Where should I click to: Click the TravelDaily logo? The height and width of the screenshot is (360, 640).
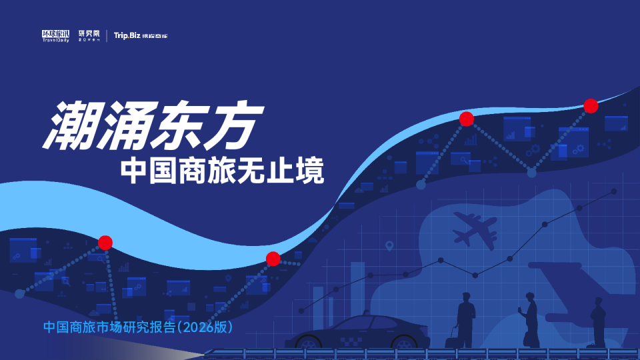tap(55, 35)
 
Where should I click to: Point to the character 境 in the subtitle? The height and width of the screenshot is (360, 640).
tap(310, 172)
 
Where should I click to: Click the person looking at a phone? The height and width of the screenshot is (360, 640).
tap(531, 319)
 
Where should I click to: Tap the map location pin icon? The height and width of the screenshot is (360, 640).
tap(389, 247)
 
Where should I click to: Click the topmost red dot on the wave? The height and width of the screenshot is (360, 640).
tap(591, 105)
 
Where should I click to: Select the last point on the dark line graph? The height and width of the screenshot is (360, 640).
tap(613, 191)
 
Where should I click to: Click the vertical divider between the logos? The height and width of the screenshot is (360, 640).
tap(107, 35)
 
